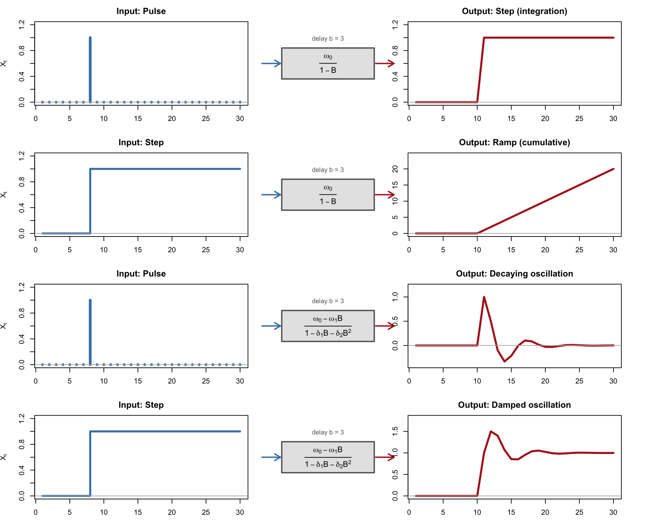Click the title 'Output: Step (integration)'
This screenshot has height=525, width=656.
click(514, 11)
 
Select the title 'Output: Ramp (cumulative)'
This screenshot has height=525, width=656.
click(514, 143)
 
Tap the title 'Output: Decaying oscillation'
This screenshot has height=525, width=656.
click(514, 274)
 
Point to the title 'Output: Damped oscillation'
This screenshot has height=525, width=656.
click(514, 405)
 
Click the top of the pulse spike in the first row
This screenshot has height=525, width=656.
click(90, 38)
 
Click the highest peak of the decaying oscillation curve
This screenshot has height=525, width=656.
click(484, 297)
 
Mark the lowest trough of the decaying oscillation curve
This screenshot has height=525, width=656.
click(504, 361)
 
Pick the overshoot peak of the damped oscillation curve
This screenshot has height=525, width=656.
click(491, 431)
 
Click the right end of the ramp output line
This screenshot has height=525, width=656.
click(613, 169)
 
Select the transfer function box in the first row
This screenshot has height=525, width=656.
click(328, 64)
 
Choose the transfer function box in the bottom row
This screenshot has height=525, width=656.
click(328, 457)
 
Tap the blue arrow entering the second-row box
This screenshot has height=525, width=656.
click(271, 195)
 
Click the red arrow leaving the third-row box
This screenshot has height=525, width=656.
click(385, 326)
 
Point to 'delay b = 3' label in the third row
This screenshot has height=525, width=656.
click(328, 301)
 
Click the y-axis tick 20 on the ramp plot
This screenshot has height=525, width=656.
click(395, 169)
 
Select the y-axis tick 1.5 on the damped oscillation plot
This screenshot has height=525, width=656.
click(395, 431)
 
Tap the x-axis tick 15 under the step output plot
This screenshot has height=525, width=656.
click(511, 119)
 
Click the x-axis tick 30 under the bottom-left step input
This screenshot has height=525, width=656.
click(240, 512)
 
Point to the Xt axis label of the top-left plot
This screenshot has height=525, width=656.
click(4, 64)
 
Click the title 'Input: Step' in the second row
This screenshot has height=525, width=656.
click(141, 143)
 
